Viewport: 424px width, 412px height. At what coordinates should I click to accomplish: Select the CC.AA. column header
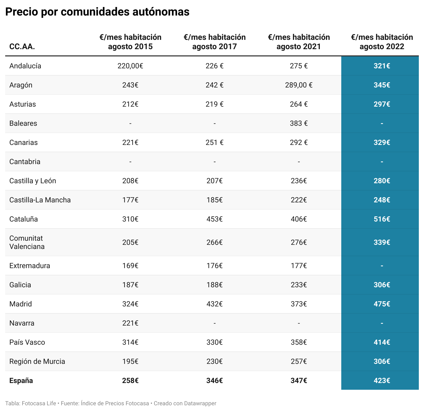(x=22, y=47)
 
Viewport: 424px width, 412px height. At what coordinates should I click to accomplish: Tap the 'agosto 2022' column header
(x=382, y=42)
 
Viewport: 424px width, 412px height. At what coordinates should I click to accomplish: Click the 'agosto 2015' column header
(x=130, y=42)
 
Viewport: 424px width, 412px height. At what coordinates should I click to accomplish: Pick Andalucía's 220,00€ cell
(x=130, y=66)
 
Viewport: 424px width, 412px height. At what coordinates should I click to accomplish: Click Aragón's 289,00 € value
(x=299, y=85)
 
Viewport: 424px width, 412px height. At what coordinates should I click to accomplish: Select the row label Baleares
(x=23, y=123)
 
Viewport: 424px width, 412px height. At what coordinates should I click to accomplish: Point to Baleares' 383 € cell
(x=299, y=123)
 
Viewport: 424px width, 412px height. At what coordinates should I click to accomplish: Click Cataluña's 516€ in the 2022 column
(x=382, y=219)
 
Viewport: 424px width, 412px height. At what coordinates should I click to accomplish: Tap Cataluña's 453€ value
(x=214, y=219)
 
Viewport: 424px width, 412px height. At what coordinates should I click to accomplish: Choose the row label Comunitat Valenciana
(x=27, y=242)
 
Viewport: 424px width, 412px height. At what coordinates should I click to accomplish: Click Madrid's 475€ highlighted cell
(x=382, y=304)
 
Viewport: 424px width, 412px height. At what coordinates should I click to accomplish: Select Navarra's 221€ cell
(x=130, y=323)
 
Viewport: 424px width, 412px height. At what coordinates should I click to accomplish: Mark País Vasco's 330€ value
(x=214, y=342)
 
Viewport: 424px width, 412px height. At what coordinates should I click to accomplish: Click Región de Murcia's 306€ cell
(x=382, y=362)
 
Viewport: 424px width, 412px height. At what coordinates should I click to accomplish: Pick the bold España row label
(x=21, y=381)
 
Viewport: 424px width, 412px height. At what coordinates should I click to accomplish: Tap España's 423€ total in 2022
(x=382, y=381)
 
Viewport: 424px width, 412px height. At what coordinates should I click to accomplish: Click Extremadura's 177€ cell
(x=299, y=266)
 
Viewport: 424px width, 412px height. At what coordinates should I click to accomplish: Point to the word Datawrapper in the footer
(x=200, y=403)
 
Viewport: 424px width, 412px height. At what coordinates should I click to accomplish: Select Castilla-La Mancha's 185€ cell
(x=214, y=200)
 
